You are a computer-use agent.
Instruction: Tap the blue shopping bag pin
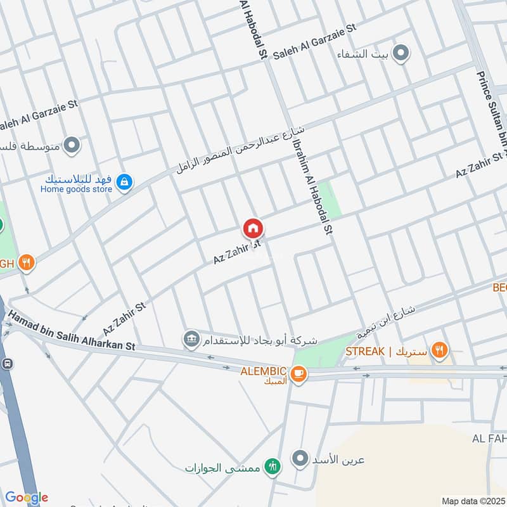pyautogui.click(x=125, y=183)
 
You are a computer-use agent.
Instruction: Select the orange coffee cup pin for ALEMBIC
pyautogui.click(x=299, y=375)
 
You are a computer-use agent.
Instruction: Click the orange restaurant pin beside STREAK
pyautogui.click(x=439, y=349)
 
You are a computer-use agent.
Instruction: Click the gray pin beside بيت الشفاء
pyautogui.click(x=400, y=53)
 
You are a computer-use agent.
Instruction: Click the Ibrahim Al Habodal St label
pyautogui.click(x=312, y=188)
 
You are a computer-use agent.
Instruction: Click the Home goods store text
pyautogui.click(x=76, y=188)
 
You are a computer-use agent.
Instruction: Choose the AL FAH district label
pyautogui.click(x=489, y=439)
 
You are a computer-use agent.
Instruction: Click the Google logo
pyautogui.click(x=27, y=497)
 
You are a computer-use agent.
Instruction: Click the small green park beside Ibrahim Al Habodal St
pyautogui.click(x=328, y=199)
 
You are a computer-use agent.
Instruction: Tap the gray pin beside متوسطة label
pyautogui.click(x=72, y=146)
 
